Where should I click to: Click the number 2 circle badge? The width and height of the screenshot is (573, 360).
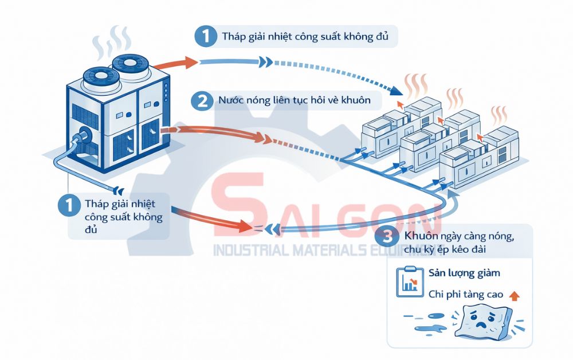(202, 101)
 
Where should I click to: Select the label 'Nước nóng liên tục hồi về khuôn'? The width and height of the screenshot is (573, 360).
(295, 101)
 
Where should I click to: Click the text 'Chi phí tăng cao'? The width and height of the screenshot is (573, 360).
(466, 295)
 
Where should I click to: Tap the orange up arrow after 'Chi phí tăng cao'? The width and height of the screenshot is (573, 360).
(514, 295)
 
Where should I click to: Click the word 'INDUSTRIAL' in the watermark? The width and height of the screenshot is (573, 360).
(249, 251)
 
